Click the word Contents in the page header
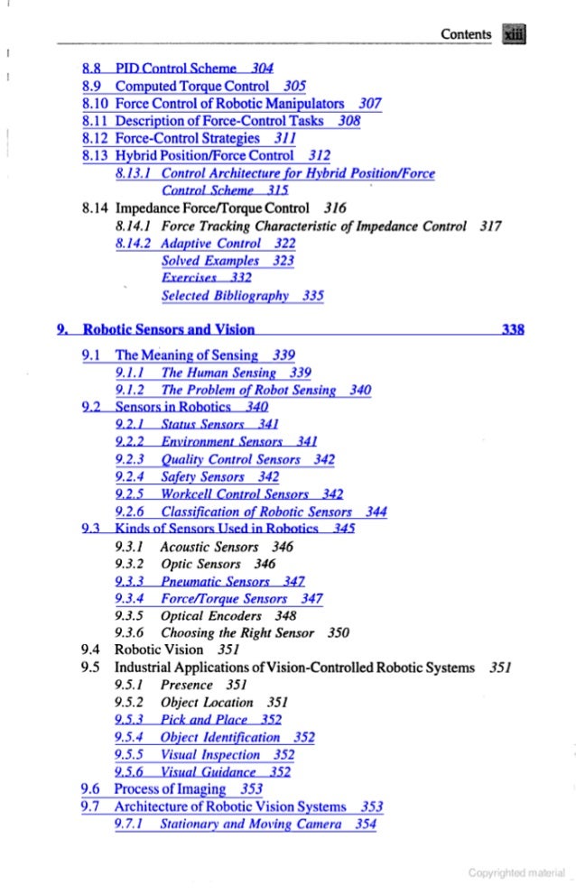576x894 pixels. click(x=465, y=34)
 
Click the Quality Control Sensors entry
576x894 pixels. click(x=216, y=458)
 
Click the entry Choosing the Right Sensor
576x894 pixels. click(x=236, y=632)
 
